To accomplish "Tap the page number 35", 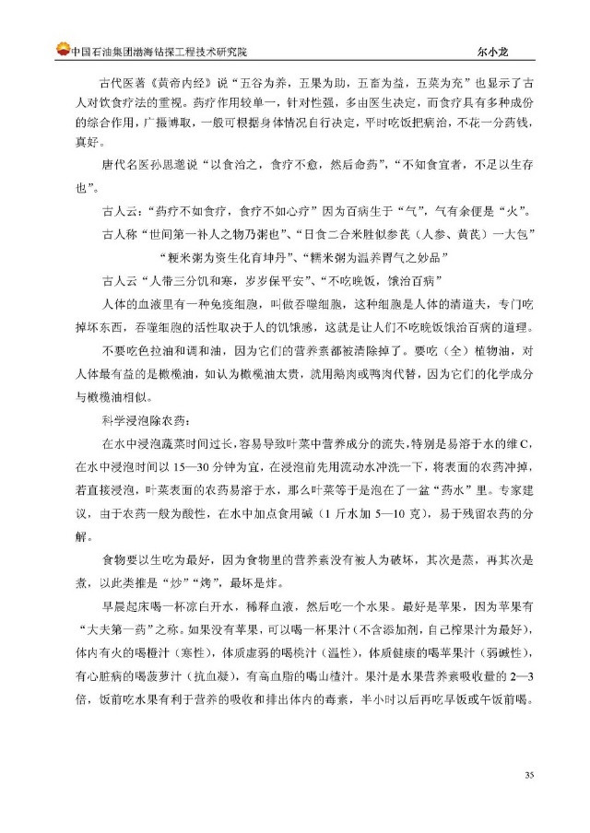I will tap(529, 800).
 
